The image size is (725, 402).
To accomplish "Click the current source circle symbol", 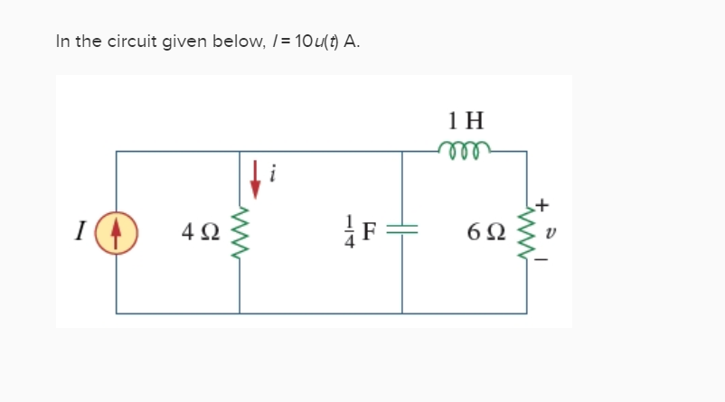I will pyautogui.click(x=116, y=238).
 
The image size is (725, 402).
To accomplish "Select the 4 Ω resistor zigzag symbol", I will pyautogui.click(x=240, y=238).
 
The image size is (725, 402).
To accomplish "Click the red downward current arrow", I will pyautogui.click(x=256, y=180).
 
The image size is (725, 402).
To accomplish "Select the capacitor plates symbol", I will pyautogui.click(x=402, y=238).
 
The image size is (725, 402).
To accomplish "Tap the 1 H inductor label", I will pyautogui.click(x=466, y=119).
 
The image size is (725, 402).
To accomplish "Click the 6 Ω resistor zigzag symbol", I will pyautogui.click(x=526, y=238).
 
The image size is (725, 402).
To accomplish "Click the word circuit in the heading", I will pyautogui.click(x=128, y=42).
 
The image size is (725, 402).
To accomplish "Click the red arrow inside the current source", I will pyautogui.click(x=116, y=238).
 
